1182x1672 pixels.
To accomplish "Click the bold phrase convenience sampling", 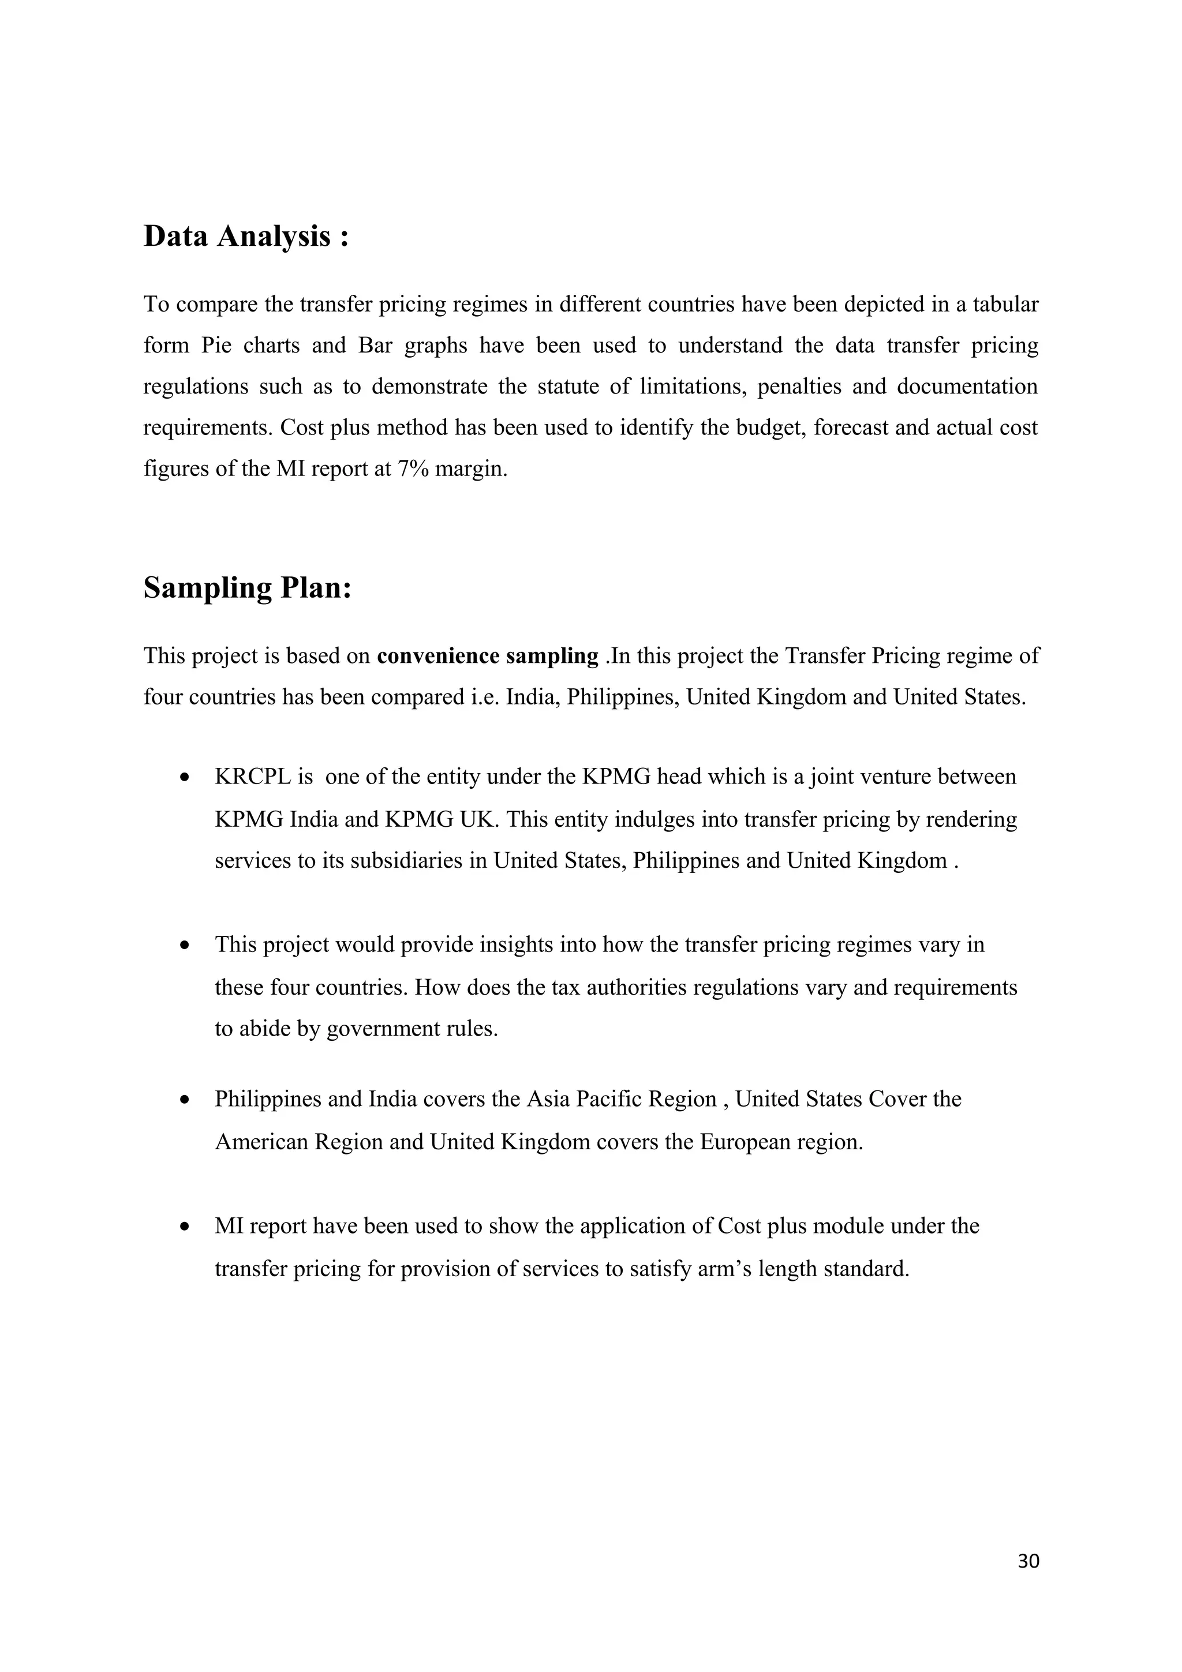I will (487, 656).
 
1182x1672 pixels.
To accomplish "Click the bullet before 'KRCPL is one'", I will (186, 778).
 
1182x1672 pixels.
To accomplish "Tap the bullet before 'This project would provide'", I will (186, 945).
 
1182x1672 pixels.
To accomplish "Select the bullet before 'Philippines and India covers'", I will (186, 1100).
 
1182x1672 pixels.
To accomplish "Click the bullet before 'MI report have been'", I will (186, 1227).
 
